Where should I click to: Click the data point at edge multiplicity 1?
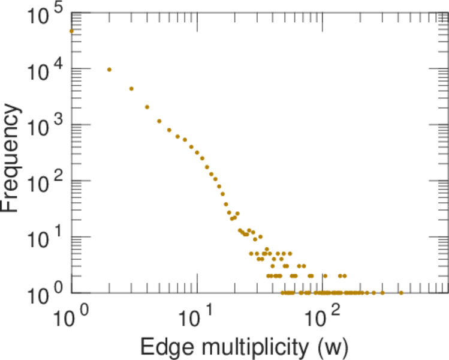pos(71,31)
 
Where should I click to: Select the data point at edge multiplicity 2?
pos(109,70)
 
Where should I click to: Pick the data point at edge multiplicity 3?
pos(131,89)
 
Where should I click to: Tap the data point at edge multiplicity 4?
pos(147,107)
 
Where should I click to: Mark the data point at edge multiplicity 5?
pos(159,121)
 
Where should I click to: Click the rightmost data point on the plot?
pos(401,293)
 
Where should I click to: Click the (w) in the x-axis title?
pos(332,346)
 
